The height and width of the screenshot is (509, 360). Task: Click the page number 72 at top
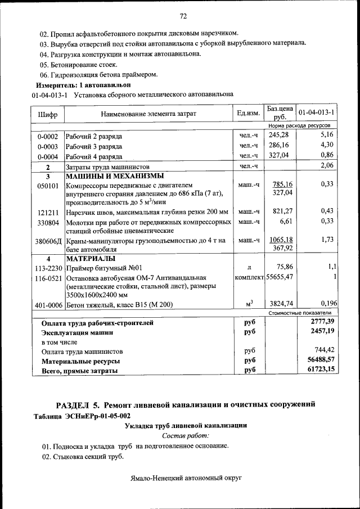coord(183,15)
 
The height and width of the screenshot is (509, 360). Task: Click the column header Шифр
coord(47,114)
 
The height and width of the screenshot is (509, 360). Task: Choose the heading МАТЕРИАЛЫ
coord(91,259)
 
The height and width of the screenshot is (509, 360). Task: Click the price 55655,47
coord(280,277)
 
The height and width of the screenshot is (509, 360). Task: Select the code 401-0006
coord(48,305)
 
